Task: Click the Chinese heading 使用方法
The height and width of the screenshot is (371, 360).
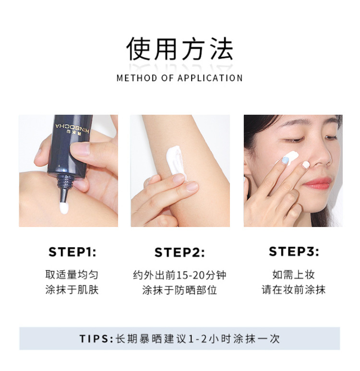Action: [180, 49]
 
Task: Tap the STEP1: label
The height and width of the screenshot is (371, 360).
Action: [72, 252]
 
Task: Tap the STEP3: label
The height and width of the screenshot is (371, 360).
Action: [294, 251]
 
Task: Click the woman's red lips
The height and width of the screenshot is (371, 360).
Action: [317, 183]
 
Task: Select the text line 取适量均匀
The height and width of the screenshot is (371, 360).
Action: [72, 275]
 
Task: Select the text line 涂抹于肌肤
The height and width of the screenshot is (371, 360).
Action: [72, 290]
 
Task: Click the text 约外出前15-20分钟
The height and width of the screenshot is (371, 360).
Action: [180, 275]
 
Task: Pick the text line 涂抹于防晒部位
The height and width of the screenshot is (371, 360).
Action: [180, 290]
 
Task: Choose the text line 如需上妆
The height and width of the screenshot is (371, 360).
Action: [294, 275]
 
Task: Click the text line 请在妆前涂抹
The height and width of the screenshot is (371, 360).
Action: [294, 290]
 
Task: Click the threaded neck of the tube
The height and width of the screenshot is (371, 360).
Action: [65, 183]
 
